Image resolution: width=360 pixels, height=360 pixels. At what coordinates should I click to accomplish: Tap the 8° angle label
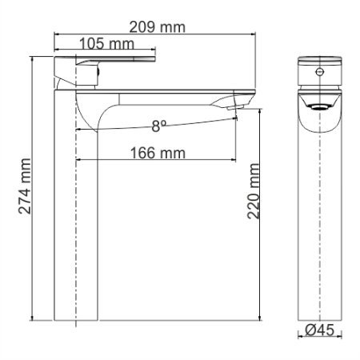159,125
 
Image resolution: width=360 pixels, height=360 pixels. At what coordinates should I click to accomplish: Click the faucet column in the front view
319,224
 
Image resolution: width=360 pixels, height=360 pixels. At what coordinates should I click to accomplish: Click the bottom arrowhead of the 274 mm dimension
32,318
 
